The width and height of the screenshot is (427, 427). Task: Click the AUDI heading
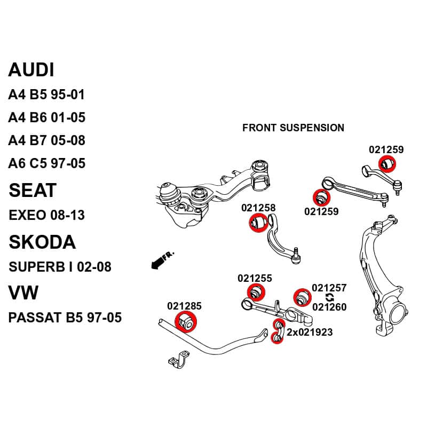pos(31,70)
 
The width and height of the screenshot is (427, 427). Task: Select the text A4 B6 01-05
pos(46,117)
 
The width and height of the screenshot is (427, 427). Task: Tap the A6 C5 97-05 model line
pos(46,163)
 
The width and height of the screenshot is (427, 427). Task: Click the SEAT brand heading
pos(32,191)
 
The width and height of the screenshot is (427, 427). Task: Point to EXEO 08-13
pos(47,216)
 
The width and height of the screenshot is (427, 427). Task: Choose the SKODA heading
pos(42,242)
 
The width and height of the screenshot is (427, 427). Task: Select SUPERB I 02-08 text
pos(60,267)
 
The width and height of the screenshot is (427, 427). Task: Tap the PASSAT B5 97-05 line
pos(65,318)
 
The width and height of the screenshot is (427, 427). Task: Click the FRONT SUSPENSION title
pos(293,128)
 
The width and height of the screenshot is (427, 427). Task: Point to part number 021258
pos(258,208)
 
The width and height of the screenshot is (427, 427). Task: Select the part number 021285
pos(184,306)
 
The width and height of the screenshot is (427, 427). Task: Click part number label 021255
pos(255,278)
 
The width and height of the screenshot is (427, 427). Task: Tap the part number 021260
pos(329,307)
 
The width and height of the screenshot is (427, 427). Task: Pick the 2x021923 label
pos(310,333)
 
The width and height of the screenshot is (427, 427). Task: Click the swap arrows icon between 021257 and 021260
pos(329,297)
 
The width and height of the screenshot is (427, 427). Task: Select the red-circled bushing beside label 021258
pos(259,222)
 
